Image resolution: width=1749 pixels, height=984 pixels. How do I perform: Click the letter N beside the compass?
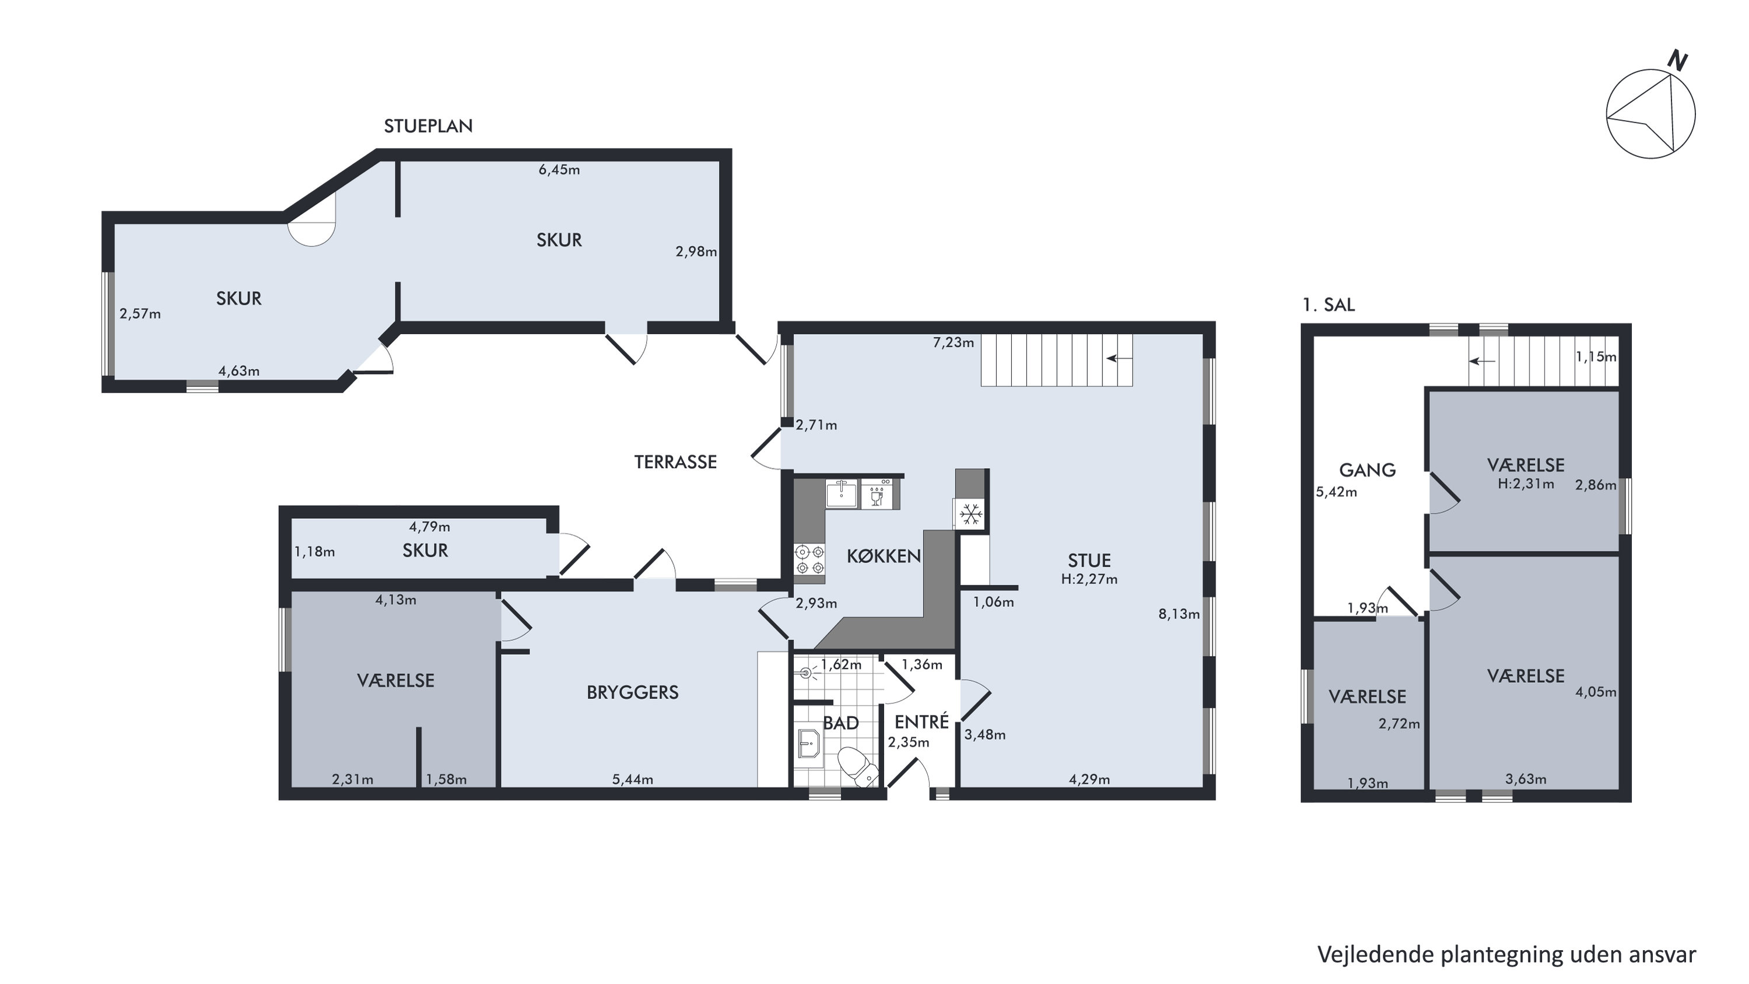coord(1678,62)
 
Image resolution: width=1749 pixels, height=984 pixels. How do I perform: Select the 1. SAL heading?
coord(1329,305)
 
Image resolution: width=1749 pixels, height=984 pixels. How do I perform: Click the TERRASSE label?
coord(675,463)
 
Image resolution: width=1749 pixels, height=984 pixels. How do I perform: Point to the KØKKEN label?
coord(884,556)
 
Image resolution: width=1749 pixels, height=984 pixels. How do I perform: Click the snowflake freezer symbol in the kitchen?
coord(971,513)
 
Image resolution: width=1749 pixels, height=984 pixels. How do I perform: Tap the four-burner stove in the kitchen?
coord(810,559)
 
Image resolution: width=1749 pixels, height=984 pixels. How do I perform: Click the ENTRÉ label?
coord(921,722)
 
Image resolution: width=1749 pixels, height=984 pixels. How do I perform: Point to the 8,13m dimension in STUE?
coord(1179,614)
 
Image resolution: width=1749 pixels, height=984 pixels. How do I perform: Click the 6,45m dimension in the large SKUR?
coord(559,170)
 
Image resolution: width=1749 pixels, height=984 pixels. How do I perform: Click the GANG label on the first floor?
coord(1368,470)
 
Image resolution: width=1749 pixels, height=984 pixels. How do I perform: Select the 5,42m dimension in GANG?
coord(1337,492)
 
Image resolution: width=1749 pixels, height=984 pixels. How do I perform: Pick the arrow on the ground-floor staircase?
coord(1119,359)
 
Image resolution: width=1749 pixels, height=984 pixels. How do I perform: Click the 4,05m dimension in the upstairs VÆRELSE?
coord(1596,693)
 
